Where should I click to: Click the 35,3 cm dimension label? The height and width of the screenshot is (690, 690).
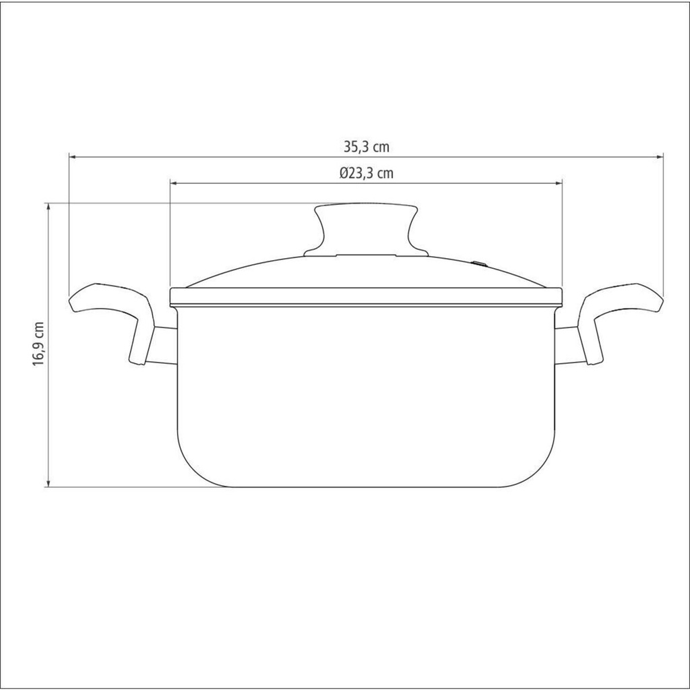coord(367,147)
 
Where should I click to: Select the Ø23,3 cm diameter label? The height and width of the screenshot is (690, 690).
coord(366,173)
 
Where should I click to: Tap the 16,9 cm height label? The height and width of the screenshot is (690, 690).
coord(39,343)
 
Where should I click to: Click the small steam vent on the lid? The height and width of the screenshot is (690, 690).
coord(480,264)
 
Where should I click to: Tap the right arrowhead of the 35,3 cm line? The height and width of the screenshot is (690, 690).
coord(659,156)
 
